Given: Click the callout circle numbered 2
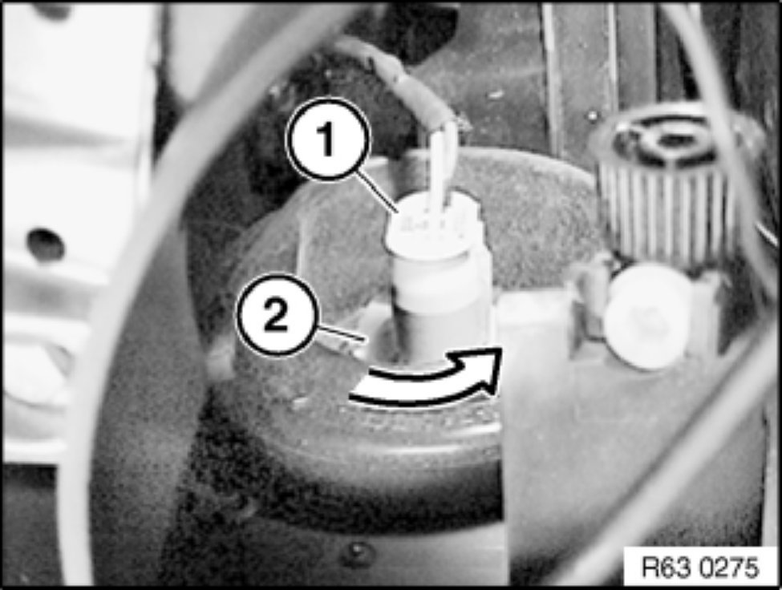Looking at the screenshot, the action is [x=276, y=315].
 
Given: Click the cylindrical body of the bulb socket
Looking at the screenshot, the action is [x=439, y=304].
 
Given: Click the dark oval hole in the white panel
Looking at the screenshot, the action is [x=46, y=244].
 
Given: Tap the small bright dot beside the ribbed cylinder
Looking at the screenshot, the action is [x=591, y=116].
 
